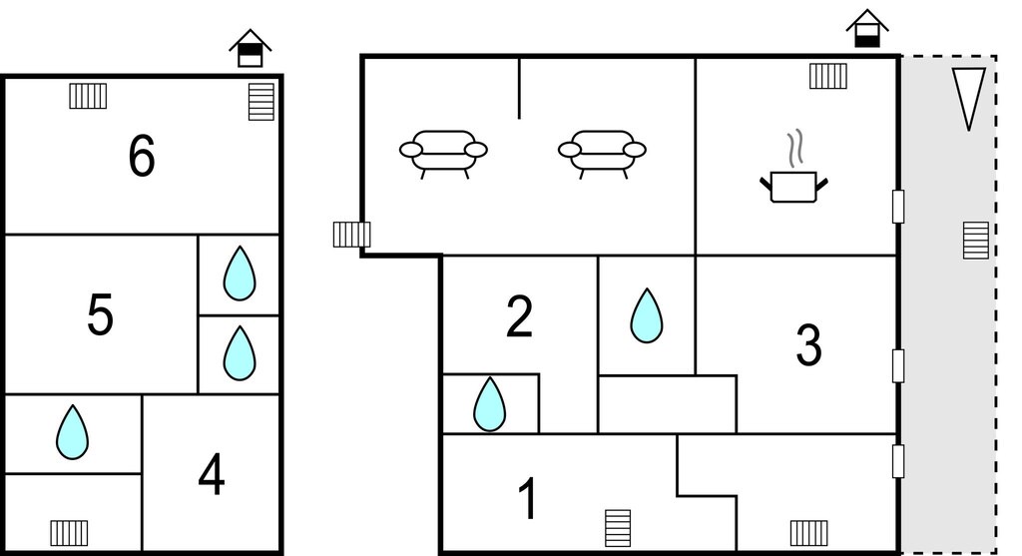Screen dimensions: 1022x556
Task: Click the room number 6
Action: tap(142, 156)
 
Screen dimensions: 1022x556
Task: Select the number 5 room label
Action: tap(100, 314)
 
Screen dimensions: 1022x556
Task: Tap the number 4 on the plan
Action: tap(212, 476)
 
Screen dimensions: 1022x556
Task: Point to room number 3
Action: tap(808, 344)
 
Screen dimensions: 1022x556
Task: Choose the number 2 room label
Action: tap(519, 316)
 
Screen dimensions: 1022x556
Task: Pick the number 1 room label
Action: tap(528, 499)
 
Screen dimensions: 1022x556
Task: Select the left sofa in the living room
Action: tap(443, 154)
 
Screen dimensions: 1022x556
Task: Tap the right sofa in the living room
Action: tap(602, 154)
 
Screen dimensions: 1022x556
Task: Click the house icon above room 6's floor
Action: tap(251, 48)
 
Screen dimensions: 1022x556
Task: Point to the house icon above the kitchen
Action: tap(867, 29)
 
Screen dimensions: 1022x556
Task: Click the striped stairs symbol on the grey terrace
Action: tap(976, 241)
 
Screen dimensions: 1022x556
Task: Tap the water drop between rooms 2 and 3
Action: tap(647, 315)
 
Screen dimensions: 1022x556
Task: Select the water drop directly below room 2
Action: tap(489, 404)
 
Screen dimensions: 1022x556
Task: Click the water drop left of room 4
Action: tap(72, 432)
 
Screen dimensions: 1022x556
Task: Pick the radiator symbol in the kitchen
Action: tap(828, 76)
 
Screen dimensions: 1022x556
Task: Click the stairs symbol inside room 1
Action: tap(618, 528)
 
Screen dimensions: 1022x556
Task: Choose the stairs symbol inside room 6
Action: tap(261, 102)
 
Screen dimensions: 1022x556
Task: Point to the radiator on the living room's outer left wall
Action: tap(352, 235)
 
